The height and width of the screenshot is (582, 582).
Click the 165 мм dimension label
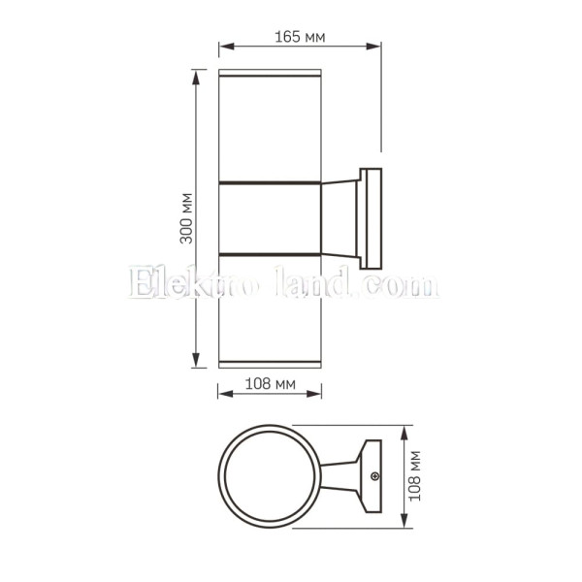(x=300, y=37)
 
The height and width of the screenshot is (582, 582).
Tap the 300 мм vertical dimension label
(x=186, y=218)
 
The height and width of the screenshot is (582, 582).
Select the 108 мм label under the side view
(x=271, y=384)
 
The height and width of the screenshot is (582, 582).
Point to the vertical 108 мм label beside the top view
(x=414, y=476)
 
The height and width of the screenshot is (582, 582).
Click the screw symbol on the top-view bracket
(x=375, y=476)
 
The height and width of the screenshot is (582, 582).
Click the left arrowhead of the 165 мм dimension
(x=226, y=47)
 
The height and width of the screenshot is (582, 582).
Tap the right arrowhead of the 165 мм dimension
(x=373, y=47)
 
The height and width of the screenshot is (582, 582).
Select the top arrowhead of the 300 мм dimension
(x=196, y=77)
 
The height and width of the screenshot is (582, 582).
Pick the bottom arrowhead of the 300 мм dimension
(x=196, y=360)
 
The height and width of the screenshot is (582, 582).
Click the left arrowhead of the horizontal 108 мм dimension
(x=226, y=394)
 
